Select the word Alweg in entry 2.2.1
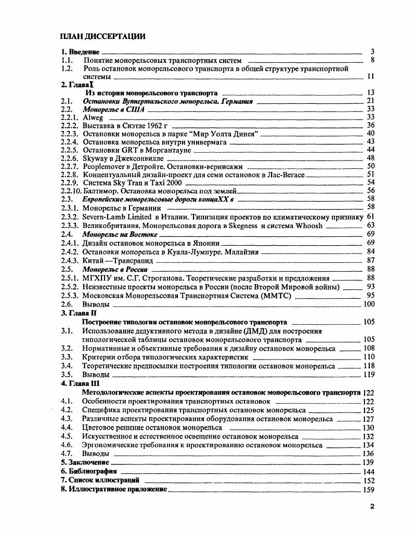click(x=93, y=117)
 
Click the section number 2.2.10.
click(x=70, y=190)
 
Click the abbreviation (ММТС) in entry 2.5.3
click(x=275, y=296)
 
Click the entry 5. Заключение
click(x=85, y=462)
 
